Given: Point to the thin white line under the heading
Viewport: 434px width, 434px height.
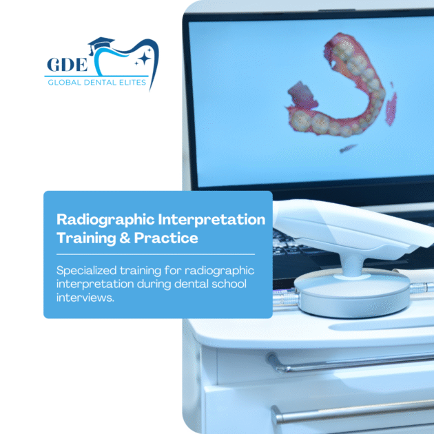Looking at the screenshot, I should pos(158,254).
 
